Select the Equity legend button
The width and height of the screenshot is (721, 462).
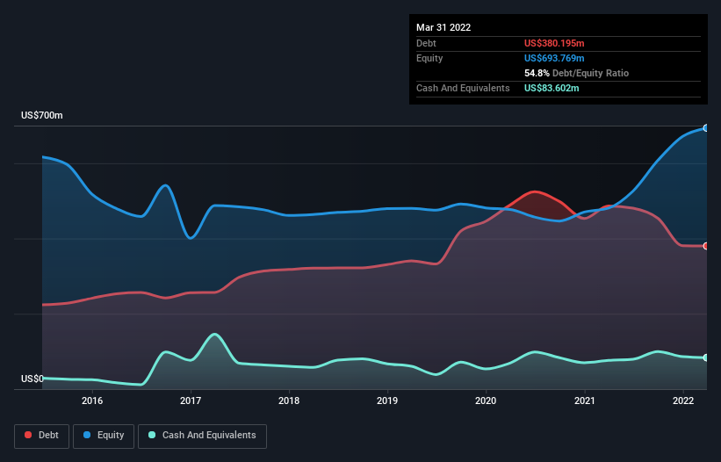click(104, 436)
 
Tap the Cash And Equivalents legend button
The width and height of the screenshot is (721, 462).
click(202, 436)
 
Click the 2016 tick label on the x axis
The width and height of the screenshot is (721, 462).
click(92, 401)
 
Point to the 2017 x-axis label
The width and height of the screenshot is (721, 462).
click(191, 401)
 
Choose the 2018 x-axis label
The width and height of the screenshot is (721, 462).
click(289, 401)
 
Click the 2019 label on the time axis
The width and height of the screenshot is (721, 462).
click(387, 401)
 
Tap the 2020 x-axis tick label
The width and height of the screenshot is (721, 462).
click(486, 401)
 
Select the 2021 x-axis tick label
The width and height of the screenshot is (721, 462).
click(585, 401)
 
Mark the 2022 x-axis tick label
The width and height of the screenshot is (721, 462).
click(683, 401)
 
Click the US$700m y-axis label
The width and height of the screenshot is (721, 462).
click(42, 116)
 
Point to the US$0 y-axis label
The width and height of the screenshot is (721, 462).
click(32, 379)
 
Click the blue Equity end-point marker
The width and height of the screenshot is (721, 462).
click(706, 128)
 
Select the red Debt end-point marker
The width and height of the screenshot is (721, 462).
click(706, 246)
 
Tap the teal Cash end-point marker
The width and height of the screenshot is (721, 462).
click(706, 357)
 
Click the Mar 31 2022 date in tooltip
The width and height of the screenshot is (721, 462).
click(443, 27)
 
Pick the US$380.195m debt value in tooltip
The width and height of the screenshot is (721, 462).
click(555, 43)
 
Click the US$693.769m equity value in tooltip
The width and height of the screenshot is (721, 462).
click(555, 58)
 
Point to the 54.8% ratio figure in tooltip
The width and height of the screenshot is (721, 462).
click(537, 73)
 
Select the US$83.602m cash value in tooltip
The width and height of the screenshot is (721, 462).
click(552, 88)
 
